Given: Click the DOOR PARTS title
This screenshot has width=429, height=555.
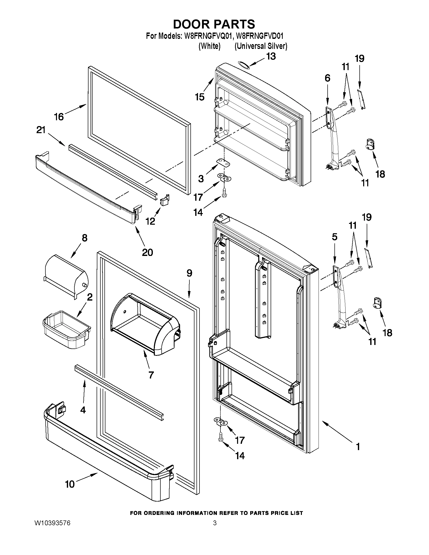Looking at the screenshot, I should (214, 24).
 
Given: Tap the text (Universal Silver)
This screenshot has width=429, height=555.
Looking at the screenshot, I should (261, 46).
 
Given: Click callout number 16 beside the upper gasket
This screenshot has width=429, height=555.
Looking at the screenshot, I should (59, 117).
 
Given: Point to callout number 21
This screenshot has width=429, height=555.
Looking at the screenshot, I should (41, 130).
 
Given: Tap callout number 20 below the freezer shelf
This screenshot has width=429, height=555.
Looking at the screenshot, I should (147, 252).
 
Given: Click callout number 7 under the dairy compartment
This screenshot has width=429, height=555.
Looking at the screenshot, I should (151, 374).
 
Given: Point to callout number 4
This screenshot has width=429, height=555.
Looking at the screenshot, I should (83, 410).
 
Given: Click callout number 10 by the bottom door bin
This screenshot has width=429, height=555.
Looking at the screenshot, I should (70, 484).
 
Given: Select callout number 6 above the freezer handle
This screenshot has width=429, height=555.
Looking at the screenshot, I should (327, 78).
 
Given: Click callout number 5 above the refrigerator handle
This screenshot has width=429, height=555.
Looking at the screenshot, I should (334, 237).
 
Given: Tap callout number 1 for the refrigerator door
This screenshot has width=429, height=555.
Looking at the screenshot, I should (358, 447).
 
